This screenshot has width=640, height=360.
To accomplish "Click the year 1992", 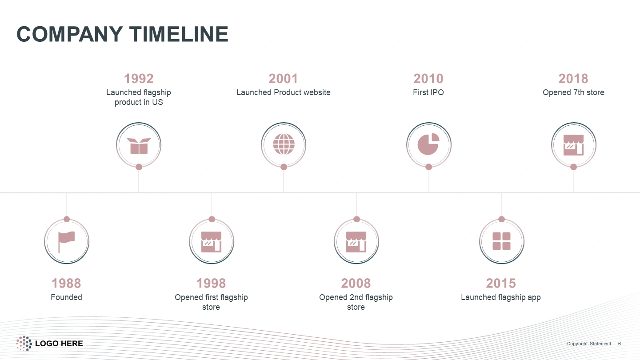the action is coord(139,79).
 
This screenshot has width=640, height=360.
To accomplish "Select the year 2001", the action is coord(283,79).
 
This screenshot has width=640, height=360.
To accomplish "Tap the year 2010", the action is coord(428,79).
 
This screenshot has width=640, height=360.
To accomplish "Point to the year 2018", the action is coord(573,79).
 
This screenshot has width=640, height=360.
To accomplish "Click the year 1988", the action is coord(66,284).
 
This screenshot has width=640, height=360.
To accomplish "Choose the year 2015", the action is coord(501,284).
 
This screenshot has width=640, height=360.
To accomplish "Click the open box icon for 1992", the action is coord(139,146).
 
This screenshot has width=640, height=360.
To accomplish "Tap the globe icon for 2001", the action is coord(284,144).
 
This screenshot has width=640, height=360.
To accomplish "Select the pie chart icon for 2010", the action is coord(428,144).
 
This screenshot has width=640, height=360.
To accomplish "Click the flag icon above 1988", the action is coord(66,242).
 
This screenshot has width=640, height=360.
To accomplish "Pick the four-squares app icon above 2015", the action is coord(501,241).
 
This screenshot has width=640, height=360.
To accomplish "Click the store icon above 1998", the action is coord(212,242).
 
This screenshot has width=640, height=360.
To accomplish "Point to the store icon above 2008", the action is coord(356,242).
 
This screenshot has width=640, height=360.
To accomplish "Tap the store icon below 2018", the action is coord(573,145).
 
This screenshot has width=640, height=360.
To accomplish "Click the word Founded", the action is coord(66,297).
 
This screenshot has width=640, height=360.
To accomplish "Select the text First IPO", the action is coord(428,92).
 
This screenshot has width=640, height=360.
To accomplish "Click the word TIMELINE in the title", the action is coord(179,34).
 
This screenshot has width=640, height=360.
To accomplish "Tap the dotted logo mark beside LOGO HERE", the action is coord(24,343).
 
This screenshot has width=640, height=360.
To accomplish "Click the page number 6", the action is coord(620,344).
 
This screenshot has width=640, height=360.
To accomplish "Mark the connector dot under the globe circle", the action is coord(284,167).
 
